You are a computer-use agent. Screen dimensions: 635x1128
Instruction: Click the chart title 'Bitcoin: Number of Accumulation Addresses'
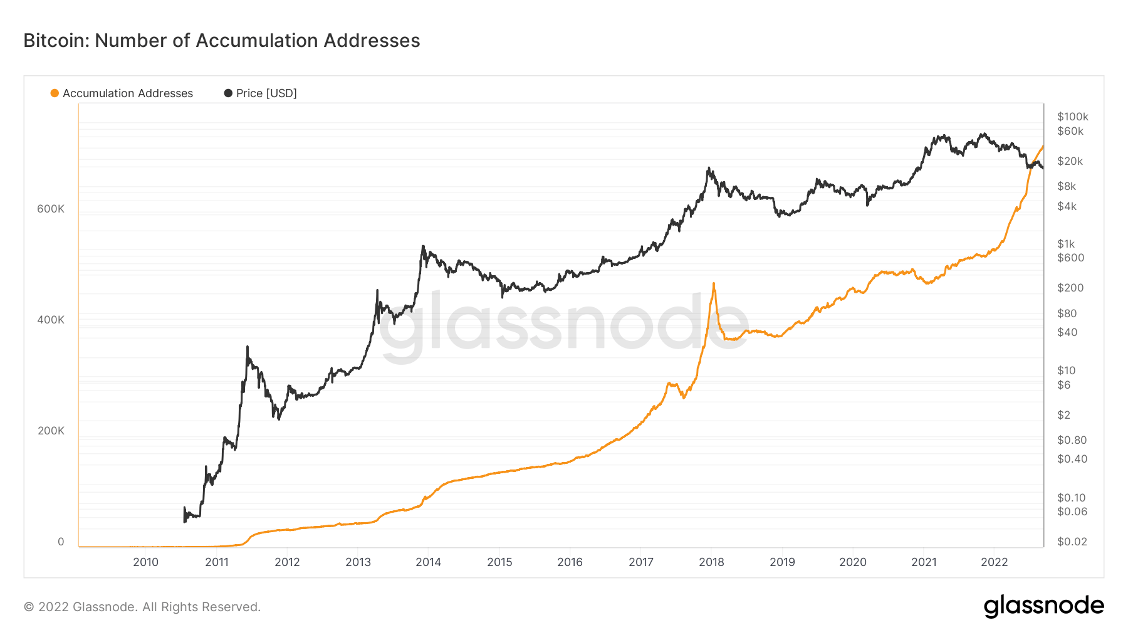pyautogui.click(x=222, y=41)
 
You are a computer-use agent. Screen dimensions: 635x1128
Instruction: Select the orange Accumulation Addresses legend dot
pyautogui.click(x=55, y=93)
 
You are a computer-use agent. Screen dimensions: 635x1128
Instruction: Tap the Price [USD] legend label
pyautogui.click(x=266, y=93)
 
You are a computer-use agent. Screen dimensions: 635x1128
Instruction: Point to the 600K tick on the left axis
pyautogui.click(x=51, y=209)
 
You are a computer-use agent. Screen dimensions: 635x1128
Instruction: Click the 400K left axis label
pyautogui.click(x=51, y=320)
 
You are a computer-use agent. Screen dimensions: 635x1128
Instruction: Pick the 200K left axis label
pyautogui.click(x=51, y=431)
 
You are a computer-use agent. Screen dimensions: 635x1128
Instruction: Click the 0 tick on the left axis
pyautogui.click(x=61, y=542)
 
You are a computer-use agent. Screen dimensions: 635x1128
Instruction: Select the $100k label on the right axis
pyautogui.click(x=1072, y=117)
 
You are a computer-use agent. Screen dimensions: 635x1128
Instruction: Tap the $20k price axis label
pyautogui.click(x=1070, y=161)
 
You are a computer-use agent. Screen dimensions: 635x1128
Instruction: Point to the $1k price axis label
pyautogui.click(x=1066, y=244)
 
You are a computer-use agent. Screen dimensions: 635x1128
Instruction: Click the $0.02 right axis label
pyautogui.click(x=1072, y=542)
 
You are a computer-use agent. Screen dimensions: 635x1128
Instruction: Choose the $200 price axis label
pyautogui.click(x=1070, y=288)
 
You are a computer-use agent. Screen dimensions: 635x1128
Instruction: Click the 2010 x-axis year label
pyautogui.click(x=145, y=562)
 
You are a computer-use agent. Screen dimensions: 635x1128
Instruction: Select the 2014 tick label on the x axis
pyautogui.click(x=428, y=562)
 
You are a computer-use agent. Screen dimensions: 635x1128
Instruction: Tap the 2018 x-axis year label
pyautogui.click(x=711, y=562)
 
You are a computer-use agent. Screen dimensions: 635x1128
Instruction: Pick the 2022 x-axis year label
pyautogui.click(x=994, y=562)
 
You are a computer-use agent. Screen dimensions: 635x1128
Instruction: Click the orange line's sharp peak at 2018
pyautogui.click(x=714, y=283)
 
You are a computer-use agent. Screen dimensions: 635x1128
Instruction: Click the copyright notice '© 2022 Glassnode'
pyautogui.click(x=142, y=607)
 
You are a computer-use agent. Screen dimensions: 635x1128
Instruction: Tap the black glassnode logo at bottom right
pyautogui.click(x=1043, y=606)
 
